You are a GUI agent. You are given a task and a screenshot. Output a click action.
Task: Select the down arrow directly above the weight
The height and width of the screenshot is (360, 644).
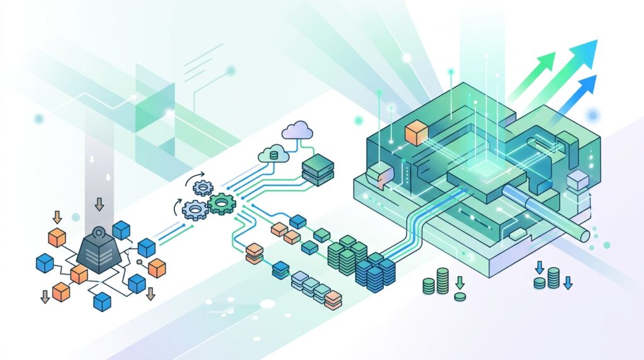point(99,205)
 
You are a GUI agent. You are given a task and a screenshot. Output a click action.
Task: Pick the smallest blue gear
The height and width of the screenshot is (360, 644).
point(203,186)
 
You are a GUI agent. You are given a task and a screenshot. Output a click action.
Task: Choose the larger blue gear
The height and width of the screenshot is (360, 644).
point(194,208)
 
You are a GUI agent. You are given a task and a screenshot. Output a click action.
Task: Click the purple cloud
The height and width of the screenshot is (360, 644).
point(297,131)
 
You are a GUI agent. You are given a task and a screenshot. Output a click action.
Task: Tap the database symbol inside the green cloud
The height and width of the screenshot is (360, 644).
point(273,154)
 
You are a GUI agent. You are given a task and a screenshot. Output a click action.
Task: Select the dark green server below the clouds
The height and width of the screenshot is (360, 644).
point(317,169)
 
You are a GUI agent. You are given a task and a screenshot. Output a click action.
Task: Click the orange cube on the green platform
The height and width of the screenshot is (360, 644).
point(416,133)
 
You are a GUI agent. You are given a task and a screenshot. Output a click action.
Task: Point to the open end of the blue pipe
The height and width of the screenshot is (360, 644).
point(586,234)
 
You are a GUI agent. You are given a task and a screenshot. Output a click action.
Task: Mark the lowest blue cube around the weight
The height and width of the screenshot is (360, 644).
point(102,302)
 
